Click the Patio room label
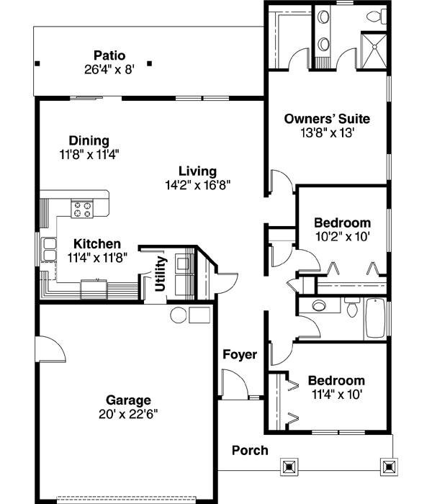(x=109, y=55)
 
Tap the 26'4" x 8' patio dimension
(x=109, y=69)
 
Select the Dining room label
(x=89, y=140)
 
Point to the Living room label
(x=197, y=171)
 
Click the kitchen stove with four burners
(x=81, y=209)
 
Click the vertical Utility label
(x=160, y=274)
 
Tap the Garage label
(x=128, y=400)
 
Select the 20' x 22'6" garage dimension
(x=128, y=414)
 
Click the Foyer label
(x=239, y=354)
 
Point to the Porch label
(x=250, y=451)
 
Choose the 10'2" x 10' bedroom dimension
(x=342, y=236)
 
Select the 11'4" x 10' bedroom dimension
(x=336, y=394)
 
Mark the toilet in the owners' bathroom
(x=374, y=16)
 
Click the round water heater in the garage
(x=178, y=315)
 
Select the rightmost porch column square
(x=390, y=467)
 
